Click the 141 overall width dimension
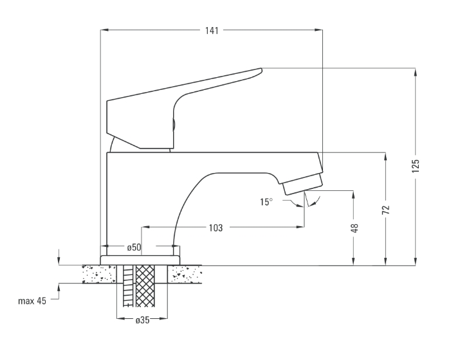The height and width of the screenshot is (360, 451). (212, 30)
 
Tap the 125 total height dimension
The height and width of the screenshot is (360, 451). (416, 166)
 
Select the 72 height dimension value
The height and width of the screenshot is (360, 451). (386, 210)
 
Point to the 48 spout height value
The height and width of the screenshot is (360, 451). (355, 228)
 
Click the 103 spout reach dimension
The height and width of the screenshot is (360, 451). (216, 228)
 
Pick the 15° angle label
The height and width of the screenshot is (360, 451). (266, 202)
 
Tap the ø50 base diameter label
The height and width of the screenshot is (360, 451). (134, 247)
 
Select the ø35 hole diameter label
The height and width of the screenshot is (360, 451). (143, 320)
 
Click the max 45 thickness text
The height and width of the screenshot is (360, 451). (32, 301)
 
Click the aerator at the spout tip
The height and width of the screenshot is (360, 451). (302, 184)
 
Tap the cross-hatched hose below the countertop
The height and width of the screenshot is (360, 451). (145, 286)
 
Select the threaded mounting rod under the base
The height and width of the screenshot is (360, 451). (129, 286)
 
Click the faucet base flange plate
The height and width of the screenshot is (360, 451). (140, 260)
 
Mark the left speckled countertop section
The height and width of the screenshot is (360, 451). (99, 274)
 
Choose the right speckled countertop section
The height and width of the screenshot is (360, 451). (185, 274)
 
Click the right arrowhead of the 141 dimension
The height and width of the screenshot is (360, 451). (318, 30)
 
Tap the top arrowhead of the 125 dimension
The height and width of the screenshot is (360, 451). (416, 72)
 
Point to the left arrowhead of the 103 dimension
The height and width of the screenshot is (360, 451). (145, 227)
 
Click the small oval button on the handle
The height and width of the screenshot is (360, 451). (174, 125)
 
